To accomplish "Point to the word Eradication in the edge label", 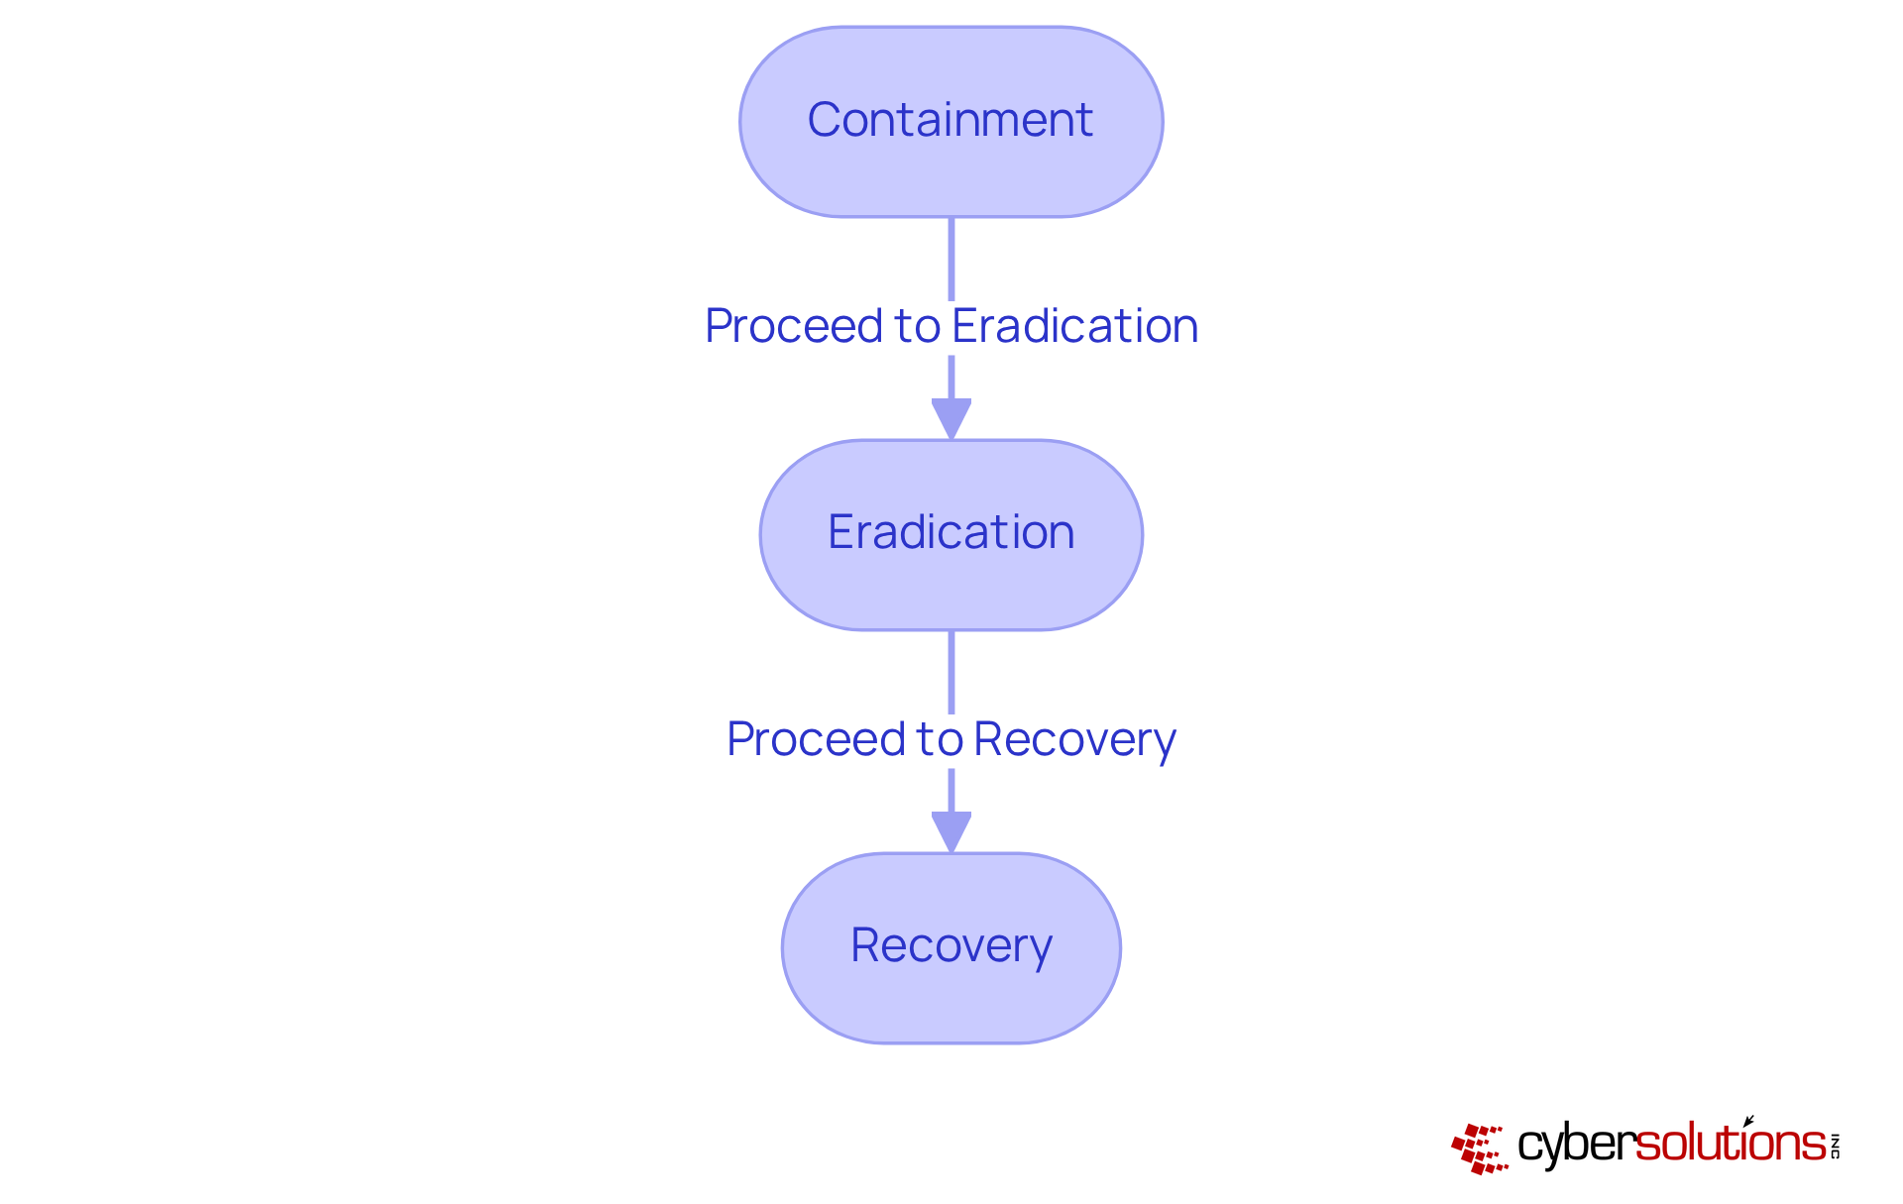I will tap(1074, 327).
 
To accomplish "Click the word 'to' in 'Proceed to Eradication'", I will tap(917, 327).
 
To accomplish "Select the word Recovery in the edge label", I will tap(1074, 740).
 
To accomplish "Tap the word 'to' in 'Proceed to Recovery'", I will tap(940, 740).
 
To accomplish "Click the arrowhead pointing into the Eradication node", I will tap(951, 417).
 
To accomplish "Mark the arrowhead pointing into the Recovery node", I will tap(951, 830).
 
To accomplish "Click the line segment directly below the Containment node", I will tap(951, 258).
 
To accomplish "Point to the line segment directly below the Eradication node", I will tap(951, 671).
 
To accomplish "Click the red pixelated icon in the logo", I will tap(1479, 1149).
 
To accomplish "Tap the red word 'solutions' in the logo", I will tap(1730, 1144).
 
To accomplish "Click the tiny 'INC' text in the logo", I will tap(1835, 1146).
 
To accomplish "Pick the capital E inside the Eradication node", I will tap(840, 532).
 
